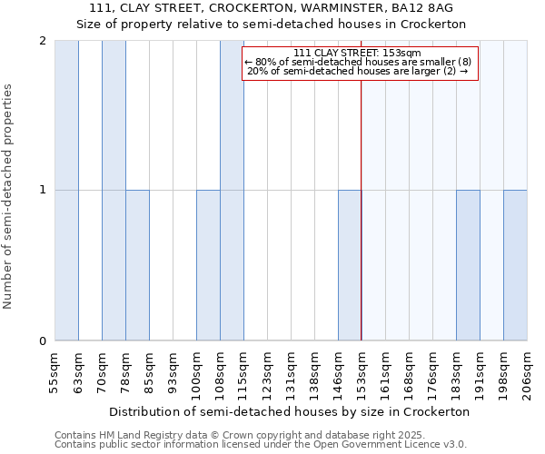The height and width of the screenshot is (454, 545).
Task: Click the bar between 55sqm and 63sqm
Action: click(x=66, y=191)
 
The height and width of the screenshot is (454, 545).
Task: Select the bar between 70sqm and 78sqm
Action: click(x=114, y=191)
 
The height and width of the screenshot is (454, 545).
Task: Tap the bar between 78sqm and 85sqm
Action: click(x=137, y=265)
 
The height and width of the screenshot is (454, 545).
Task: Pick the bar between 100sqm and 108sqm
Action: click(x=208, y=265)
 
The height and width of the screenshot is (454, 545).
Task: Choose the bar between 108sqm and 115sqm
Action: click(x=232, y=191)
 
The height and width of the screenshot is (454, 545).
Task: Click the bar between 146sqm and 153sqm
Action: click(x=350, y=265)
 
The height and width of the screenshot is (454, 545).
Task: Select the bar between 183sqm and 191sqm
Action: click(x=468, y=265)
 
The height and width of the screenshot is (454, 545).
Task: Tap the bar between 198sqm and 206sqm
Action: click(x=515, y=265)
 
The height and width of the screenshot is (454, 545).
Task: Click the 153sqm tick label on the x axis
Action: click(x=362, y=372)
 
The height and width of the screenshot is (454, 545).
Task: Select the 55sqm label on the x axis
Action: click(x=55, y=372)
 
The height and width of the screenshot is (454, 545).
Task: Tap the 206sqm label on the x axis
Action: click(x=528, y=372)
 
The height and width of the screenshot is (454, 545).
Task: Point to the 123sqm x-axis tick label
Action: click(x=268, y=372)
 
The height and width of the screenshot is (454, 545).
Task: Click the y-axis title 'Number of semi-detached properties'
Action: click(x=8, y=196)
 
